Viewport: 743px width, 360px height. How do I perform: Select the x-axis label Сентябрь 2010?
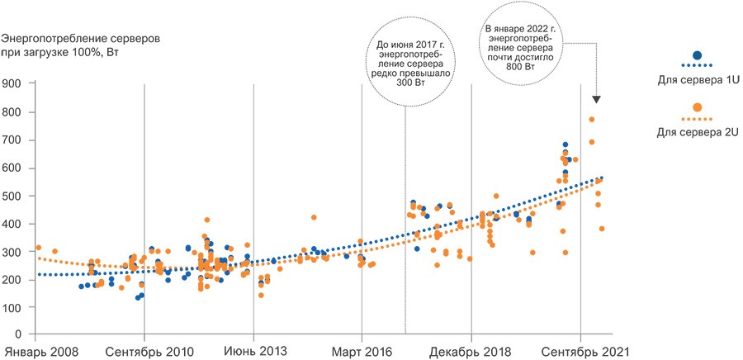click(x=150, y=352)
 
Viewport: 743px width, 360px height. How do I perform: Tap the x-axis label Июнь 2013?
click(x=255, y=352)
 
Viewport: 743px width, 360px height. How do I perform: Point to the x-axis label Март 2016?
click(x=362, y=352)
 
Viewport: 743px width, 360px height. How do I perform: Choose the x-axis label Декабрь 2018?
click(x=471, y=352)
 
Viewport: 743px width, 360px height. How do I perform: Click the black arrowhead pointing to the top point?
click(x=597, y=99)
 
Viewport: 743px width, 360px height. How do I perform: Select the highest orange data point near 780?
click(x=592, y=120)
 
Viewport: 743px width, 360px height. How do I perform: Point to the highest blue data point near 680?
click(x=566, y=145)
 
